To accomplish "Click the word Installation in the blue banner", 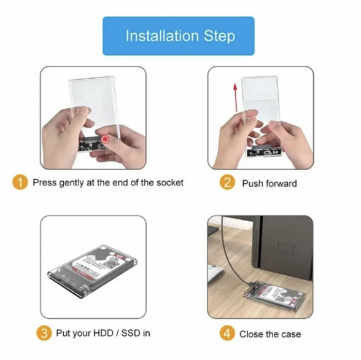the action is [x=162, y=36].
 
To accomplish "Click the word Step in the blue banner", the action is [x=219, y=37].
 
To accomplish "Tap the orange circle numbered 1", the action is [x=20, y=182].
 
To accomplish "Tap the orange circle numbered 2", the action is [x=227, y=182].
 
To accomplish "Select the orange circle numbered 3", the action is [x=44, y=333].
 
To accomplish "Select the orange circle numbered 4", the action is [x=227, y=334].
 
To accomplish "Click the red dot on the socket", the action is [x=105, y=139].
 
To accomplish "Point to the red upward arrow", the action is [x=235, y=97].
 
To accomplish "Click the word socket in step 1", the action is [x=170, y=182].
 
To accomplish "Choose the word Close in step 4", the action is [x=251, y=334].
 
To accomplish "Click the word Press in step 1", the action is [x=45, y=182].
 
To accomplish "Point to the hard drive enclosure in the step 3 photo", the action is [x=93, y=271].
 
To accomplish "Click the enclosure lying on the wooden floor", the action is [x=274, y=295].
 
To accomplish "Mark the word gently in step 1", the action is [x=71, y=183].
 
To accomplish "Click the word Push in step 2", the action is [x=253, y=184].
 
